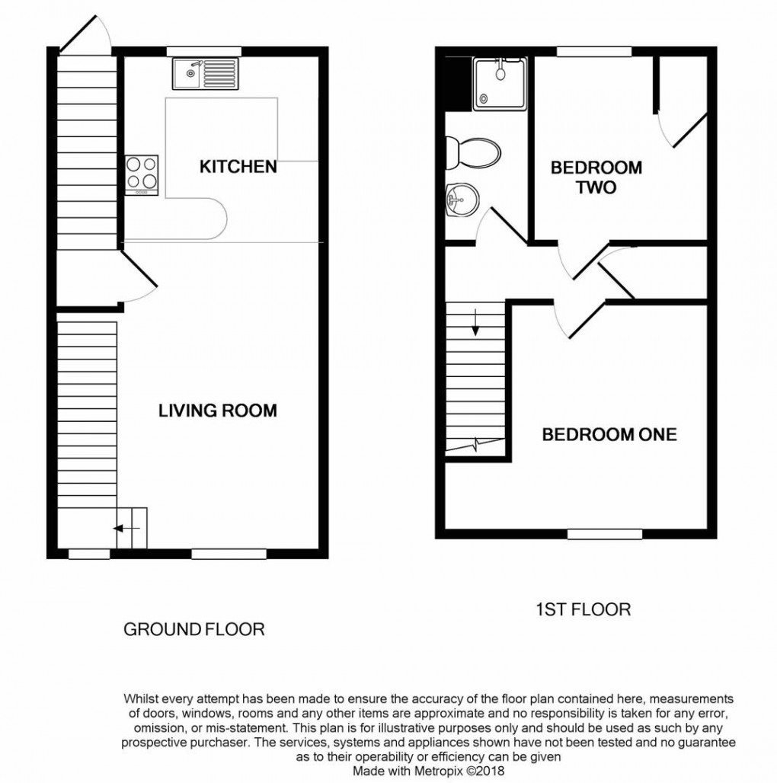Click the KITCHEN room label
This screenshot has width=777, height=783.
(x=238, y=166)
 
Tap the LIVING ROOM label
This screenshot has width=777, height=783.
(x=217, y=411)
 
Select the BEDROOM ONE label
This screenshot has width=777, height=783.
(x=609, y=435)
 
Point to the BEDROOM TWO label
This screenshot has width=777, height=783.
(x=596, y=177)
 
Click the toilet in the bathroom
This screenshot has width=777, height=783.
(x=472, y=153)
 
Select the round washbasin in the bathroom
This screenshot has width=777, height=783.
(x=460, y=201)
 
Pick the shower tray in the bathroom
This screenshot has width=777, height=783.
(x=500, y=83)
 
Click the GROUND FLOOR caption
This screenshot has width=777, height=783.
(x=193, y=630)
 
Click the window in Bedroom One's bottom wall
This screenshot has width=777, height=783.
(x=604, y=535)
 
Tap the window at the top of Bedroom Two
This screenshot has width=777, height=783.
(x=594, y=51)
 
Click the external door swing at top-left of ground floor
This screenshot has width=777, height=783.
(x=85, y=34)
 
